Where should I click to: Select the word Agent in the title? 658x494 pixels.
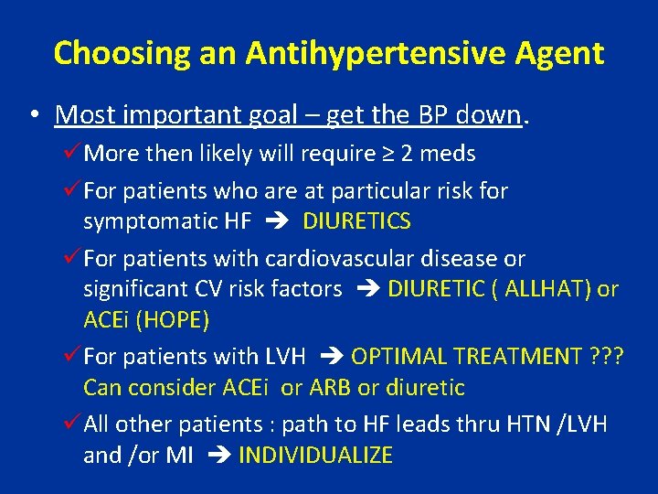(559, 53)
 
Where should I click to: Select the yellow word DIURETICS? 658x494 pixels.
(356, 221)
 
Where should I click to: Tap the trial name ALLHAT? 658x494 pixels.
(520, 290)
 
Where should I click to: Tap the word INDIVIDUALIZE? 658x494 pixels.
(315, 455)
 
